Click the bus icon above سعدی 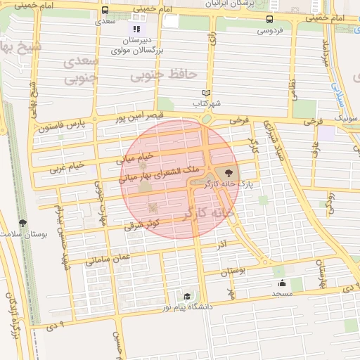pyautogui.click(x=105, y=11)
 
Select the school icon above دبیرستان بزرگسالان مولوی pyautogui.click(x=136, y=30)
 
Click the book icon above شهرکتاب pyautogui.click(x=206, y=93)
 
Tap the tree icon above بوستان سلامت pyautogui.click(x=22, y=223)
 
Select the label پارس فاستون pyautogui.click(x=61, y=125)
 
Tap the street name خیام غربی pyautogui.click(x=67, y=167)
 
